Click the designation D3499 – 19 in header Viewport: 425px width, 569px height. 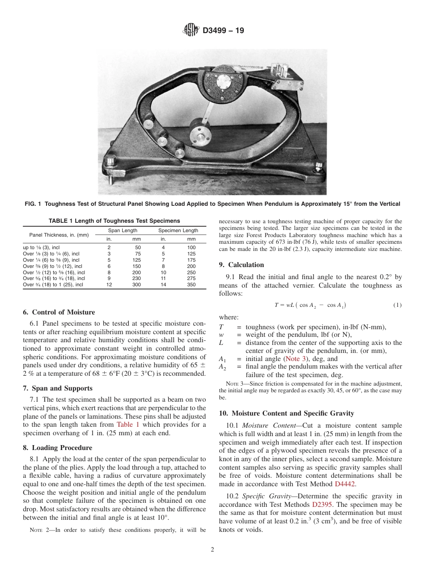(223, 31)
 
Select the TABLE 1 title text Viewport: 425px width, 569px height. (114, 221)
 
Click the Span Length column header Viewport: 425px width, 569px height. (123, 231)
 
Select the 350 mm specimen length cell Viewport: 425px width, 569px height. (191, 284)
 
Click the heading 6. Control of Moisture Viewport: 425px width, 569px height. (59, 312)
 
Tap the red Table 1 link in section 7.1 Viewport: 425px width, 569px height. (128, 425)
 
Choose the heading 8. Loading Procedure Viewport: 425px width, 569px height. (57, 448)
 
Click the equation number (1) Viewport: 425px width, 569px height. (397, 305)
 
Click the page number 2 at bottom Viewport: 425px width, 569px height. (212, 550)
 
